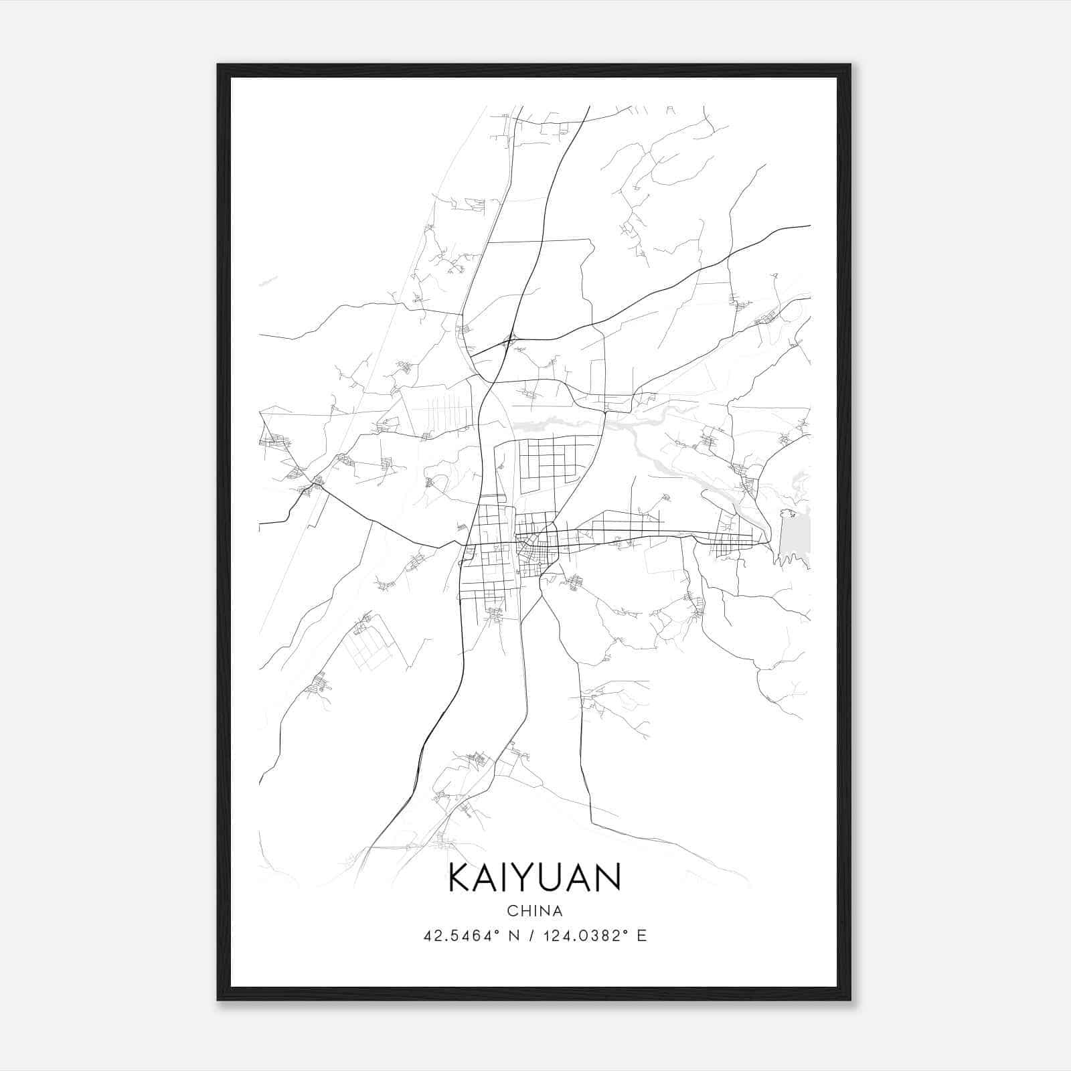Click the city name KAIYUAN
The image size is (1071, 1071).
coord(535,878)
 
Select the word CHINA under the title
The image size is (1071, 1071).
coord(535,911)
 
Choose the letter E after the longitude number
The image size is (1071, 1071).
coord(642,936)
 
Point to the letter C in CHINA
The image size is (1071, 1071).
coord(511,911)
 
